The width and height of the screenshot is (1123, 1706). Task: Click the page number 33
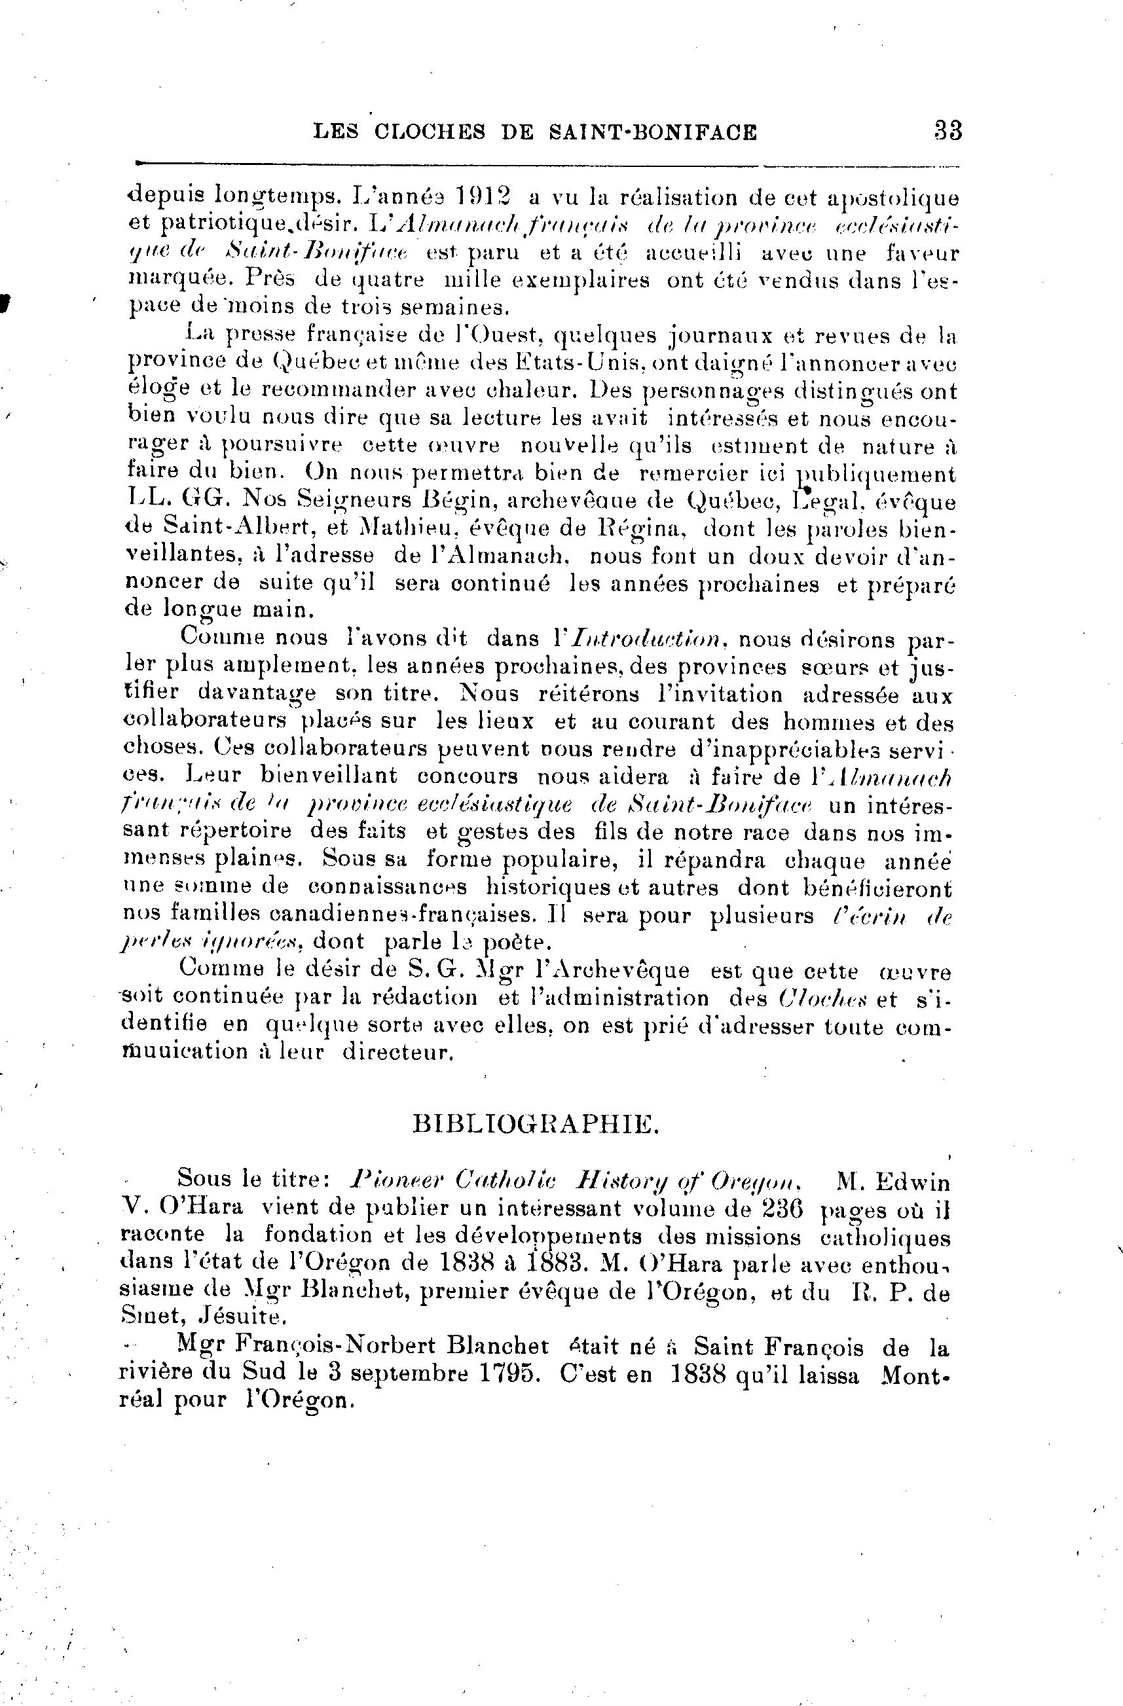tap(948, 131)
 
